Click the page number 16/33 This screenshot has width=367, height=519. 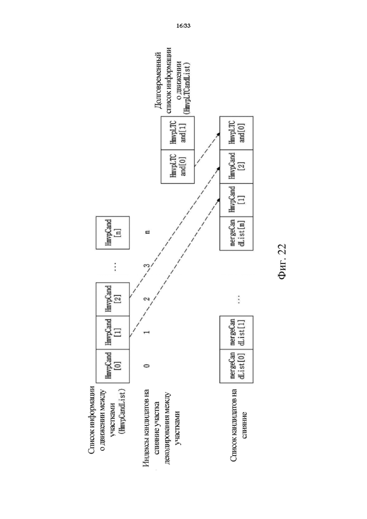pos(183,26)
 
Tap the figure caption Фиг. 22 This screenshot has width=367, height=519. pos(282,262)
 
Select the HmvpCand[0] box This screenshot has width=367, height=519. pos(112,366)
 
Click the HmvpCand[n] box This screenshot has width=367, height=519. pos(112,232)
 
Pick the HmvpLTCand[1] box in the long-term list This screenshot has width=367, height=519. pos(178,133)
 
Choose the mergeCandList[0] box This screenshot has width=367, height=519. pos(236,366)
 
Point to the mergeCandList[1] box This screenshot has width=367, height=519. pos(236,333)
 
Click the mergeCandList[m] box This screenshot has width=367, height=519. pos(236,233)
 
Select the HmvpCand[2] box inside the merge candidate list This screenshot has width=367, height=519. pos(236,166)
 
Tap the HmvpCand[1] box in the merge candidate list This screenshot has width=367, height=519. pos(236,200)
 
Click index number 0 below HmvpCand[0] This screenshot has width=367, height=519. pos(147,366)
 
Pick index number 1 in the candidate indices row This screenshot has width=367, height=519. pos(147,332)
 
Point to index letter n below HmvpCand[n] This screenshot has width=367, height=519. pos(148,232)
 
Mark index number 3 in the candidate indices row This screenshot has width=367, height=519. pos(147,265)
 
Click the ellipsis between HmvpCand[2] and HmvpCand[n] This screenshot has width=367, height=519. pos(115,266)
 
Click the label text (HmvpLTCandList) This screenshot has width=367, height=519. pos(188,88)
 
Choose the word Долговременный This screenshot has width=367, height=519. pos(158,80)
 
